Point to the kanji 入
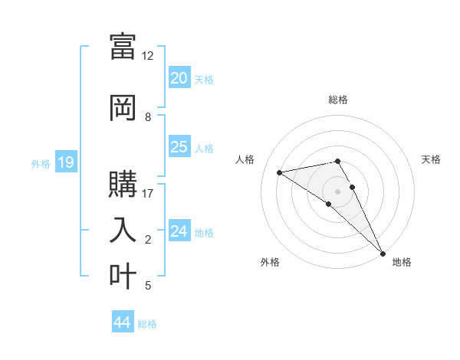123,230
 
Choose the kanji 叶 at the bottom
123,276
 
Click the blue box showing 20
179,78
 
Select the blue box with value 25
179,147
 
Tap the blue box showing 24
179,231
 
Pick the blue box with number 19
65,162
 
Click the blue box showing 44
122,322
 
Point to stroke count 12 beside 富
148,56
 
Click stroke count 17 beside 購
148,193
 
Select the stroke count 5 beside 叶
148,286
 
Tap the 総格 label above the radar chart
338,100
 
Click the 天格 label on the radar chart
431,159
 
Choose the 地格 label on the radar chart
402,262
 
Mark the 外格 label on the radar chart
270,262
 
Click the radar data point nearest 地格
383,253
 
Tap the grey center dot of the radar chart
338,191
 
